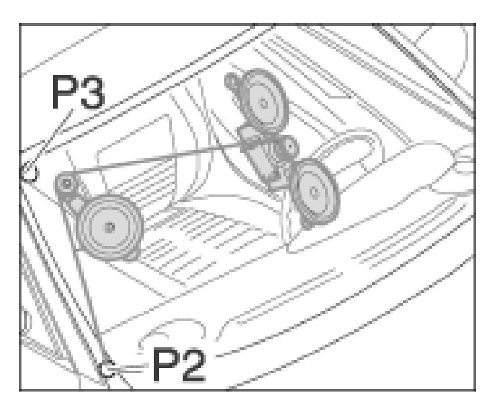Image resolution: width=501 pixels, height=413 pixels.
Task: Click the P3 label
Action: click(78, 93)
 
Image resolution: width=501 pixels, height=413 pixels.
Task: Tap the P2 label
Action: click(179, 365)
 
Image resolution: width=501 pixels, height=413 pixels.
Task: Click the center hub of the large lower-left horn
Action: click(109, 227)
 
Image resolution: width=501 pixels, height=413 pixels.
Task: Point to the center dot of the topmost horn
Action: click(264, 103)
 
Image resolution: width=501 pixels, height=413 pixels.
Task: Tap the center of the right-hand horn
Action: click(314, 192)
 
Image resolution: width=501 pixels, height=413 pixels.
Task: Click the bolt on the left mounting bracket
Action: click(67, 183)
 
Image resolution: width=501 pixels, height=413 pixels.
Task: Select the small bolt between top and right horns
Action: click(289, 146)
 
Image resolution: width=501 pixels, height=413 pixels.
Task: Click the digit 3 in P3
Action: click(93, 93)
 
